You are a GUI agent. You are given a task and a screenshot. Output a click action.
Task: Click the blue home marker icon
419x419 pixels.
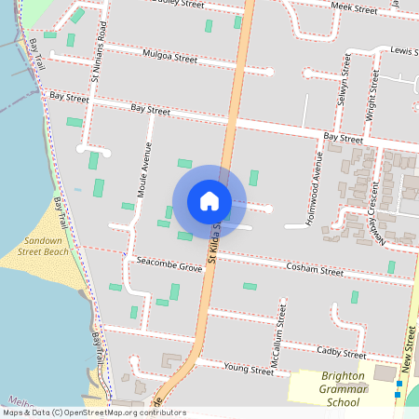(x=209, y=200)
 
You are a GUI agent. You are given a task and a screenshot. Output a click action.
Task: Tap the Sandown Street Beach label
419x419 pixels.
(x=44, y=246)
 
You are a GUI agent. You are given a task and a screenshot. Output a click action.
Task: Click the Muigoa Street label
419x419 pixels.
(x=171, y=58)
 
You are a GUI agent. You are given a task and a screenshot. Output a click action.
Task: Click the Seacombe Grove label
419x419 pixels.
(x=169, y=267)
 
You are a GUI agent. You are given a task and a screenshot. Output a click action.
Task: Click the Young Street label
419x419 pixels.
(x=250, y=371)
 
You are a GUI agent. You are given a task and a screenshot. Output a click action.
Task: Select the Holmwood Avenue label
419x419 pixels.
(x=318, y=192)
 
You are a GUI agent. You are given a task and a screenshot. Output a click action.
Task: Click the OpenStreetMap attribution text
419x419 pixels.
(x=93, y=412)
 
